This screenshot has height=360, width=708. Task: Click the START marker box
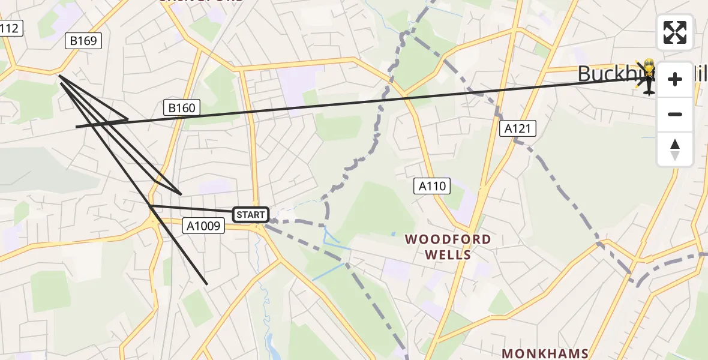(x=250, y=214)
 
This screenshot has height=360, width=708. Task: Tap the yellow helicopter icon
(x=648, y=77)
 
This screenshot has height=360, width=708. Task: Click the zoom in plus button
(x=675, y=79)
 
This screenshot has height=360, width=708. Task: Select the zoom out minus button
(x=675, y=114)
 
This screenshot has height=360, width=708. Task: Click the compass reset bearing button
(x=675, y=149)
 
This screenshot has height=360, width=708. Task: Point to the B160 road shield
(x=181, y=108)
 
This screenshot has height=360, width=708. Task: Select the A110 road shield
(x=432, y=186)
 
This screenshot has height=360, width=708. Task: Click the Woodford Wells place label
(x=448, y=247)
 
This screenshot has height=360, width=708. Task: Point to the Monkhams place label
(x=545, y=353)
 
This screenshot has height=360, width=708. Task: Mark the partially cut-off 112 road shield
(x=10, y=28)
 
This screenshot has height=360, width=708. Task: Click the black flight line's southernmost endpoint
(x=207, y=284)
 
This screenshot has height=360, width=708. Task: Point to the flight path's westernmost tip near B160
(x=76, y=127)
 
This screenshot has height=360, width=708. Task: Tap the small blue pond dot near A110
(x=394, y=233)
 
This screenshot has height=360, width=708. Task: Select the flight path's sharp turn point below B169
(x=59, y=76)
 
